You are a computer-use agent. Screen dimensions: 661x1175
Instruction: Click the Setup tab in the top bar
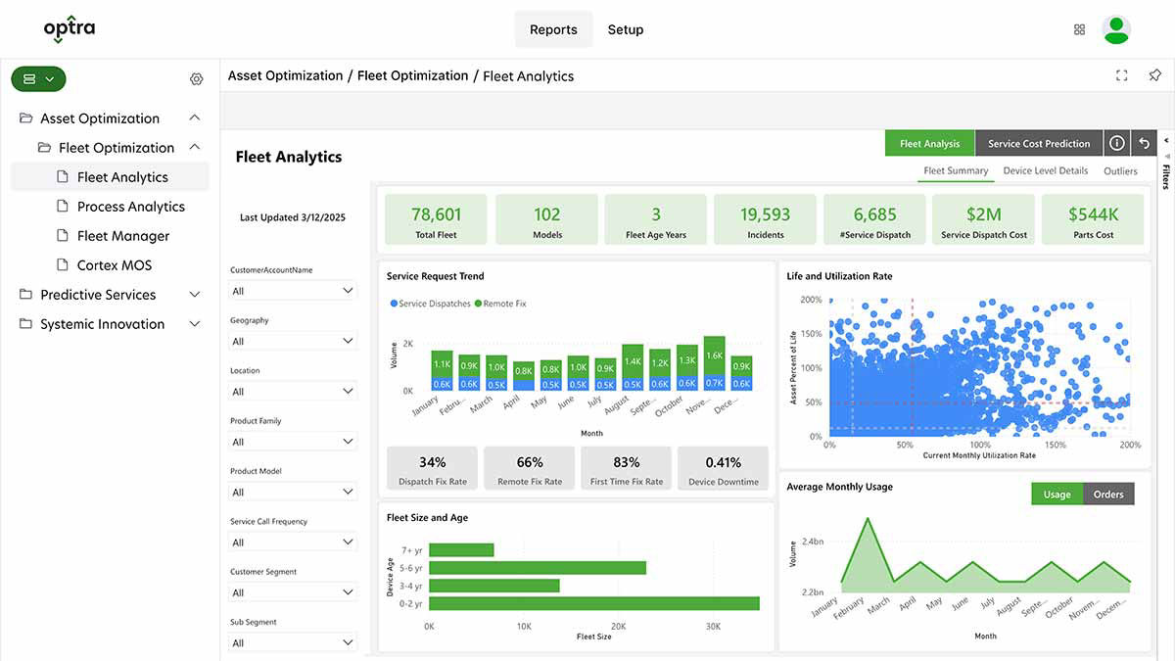(625, 29)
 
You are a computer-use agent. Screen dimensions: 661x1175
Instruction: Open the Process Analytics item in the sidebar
(130, 207)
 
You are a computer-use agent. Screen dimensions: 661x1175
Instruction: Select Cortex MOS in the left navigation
(114, 265)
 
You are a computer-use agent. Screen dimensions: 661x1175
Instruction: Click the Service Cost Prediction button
(1038, 144)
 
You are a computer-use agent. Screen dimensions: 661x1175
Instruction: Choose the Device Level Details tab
(1045, 171)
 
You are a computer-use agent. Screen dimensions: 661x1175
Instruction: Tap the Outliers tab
(1120, 171)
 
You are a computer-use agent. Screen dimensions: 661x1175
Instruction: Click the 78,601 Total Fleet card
(436, 219)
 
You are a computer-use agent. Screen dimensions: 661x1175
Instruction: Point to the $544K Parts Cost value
(1092, 214)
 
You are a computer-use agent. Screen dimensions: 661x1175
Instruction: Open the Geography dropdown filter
(293, 341)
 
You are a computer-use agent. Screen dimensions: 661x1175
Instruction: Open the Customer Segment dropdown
(293, 592)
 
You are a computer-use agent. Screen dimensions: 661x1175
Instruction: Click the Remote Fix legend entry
(500, 304)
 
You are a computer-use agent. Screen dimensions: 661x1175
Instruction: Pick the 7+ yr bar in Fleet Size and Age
(461, 550)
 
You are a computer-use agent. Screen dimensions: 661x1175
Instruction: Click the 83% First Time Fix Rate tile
(626, 468)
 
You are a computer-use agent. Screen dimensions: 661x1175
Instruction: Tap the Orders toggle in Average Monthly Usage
(1107, 495)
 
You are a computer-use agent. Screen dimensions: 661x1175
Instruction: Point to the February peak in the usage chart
(867, 519)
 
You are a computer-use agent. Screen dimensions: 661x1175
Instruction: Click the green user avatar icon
(1115, 29)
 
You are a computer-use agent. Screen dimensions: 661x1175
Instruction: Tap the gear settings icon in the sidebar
(196, 79)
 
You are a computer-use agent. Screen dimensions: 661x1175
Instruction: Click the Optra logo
(70, 29)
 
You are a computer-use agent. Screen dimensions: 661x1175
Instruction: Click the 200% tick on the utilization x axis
(1130, 445)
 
